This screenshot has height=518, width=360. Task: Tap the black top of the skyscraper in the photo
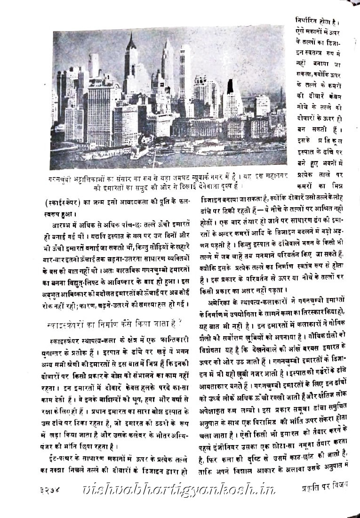pyautogui.click(x=231, y=87)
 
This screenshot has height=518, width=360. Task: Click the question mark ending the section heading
pyautogui.click(x=181, y=324)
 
